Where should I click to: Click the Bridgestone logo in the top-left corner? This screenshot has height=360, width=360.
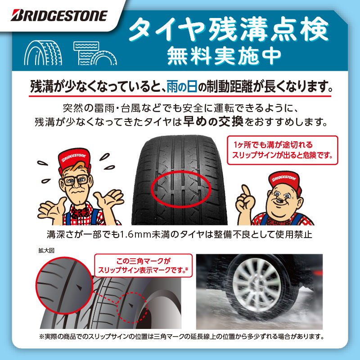click(59, 15)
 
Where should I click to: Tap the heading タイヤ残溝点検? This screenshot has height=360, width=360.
click(229, 29)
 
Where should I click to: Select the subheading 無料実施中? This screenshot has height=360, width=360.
click(224, 55)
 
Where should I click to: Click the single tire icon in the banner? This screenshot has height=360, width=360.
click(43, 53)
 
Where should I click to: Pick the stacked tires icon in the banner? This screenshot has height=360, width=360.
click(95, 53)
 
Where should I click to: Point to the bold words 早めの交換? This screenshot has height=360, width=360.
click(213, 121)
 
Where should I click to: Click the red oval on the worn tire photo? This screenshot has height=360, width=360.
click(181, 189)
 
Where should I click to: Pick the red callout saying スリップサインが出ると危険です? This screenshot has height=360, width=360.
click(283, 150)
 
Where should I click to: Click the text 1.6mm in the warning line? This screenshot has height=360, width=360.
click(135, 234)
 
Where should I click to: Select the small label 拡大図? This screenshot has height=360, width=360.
click(46, 251)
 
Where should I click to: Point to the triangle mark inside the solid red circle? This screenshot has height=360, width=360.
click(79, 288)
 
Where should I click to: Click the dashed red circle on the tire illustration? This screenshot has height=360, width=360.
click(132, 308)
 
